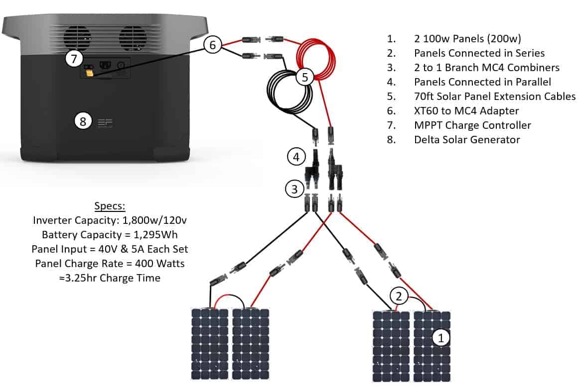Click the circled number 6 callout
click(x=212, y=45)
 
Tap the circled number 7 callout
click(x=74, y=58)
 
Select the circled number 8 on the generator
click(x=83, y=121)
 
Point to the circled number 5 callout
click(x=305, y=77)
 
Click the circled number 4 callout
click(x=296, y=157)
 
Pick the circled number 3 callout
click(x=294, y=189)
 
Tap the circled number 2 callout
click(x=399, y=296)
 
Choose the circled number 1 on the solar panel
click(x=441, y=338)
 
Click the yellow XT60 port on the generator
click(x=90, y=73)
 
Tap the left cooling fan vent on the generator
click(x=77, y=37)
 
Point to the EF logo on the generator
click(x=105, y=123)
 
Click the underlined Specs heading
click(x=110, y=205)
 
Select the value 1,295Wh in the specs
click(x=155, y=235)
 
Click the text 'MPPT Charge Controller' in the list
click(x=472, y=125)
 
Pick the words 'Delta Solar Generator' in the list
click(x=467, y=140)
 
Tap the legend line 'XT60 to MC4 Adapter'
click(x=466, y=110)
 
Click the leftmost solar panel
click(x=210, y=344)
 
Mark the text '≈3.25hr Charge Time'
click(x=110, y=278)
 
